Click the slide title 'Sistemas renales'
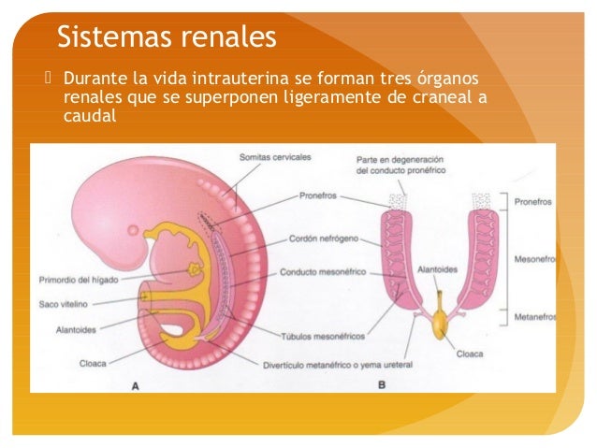click(167, 36)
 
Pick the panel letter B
click(382, 383)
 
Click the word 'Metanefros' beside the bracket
click(535, 318)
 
